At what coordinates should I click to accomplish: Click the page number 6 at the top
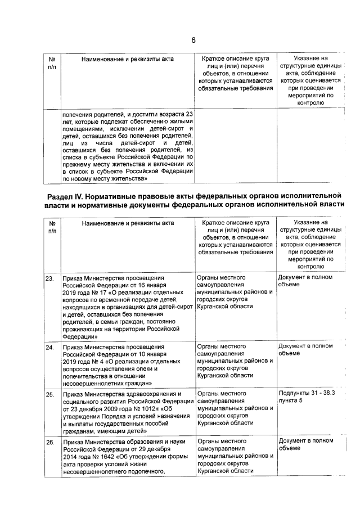(x=193, y=40)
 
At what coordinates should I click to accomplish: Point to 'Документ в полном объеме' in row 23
(x=305, y=281)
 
